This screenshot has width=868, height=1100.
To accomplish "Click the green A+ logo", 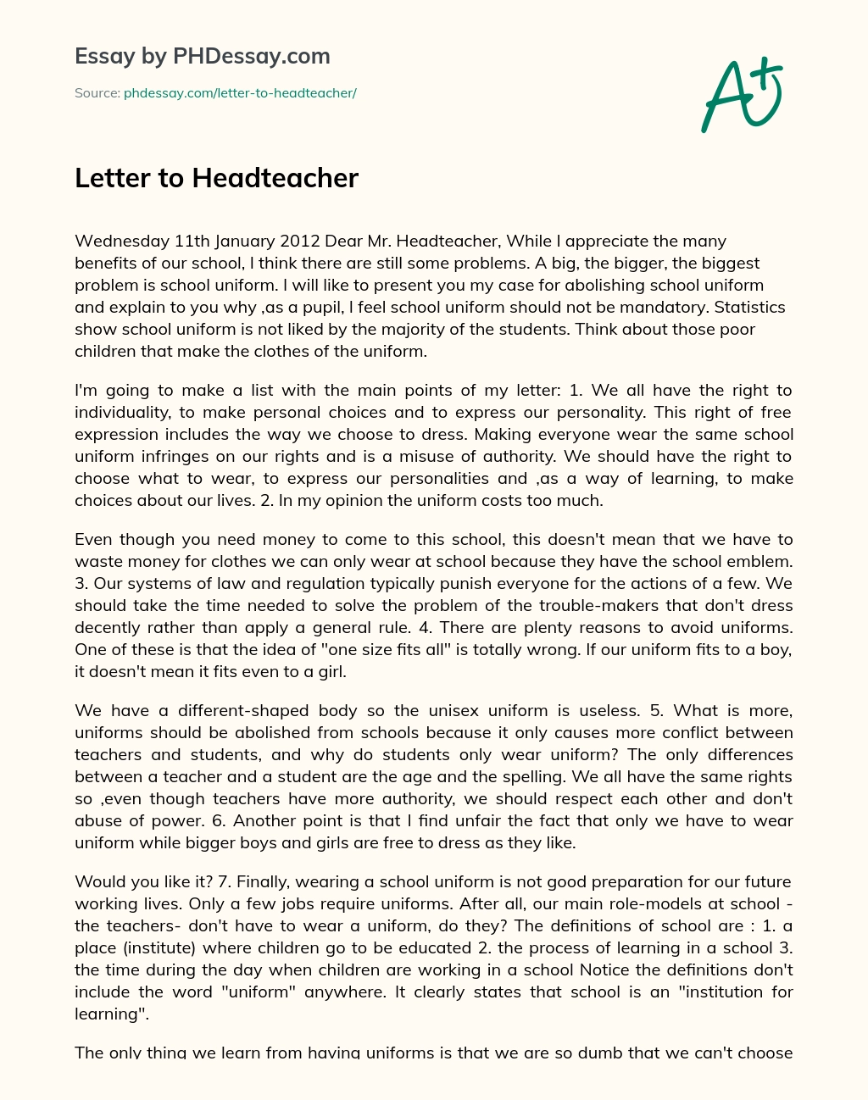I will [740, 94].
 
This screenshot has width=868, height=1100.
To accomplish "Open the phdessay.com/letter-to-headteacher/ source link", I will [240, 93].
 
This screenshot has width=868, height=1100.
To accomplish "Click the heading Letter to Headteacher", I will [216, 178].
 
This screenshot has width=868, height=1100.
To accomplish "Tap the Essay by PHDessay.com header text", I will [203, 56].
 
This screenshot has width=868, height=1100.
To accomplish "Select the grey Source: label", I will [97, 93].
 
